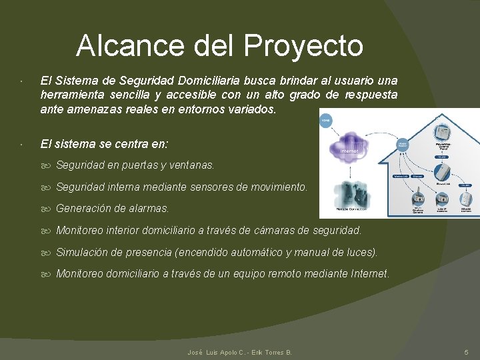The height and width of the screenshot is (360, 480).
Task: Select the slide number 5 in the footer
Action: point(466,352)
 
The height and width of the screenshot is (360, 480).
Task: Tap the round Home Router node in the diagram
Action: point(403,144)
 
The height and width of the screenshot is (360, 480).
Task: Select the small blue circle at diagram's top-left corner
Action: point(326,121)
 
